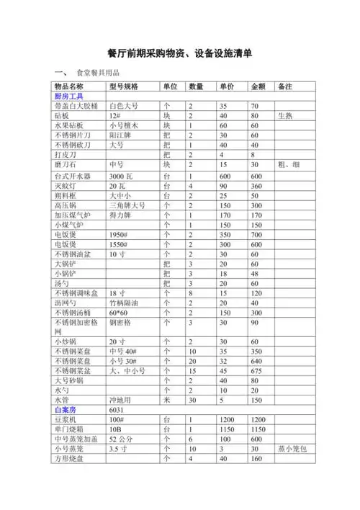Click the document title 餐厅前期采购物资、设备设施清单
coord(179,54)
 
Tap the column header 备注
coord(284,86)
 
